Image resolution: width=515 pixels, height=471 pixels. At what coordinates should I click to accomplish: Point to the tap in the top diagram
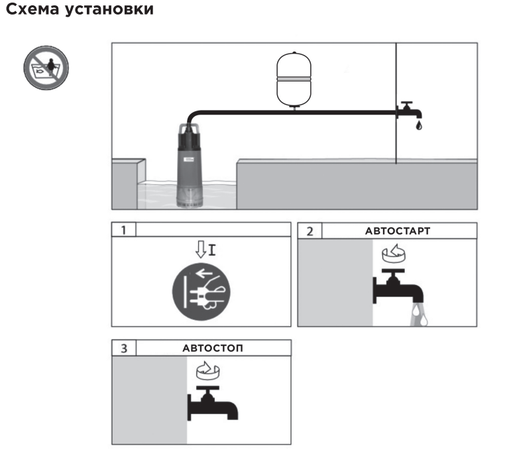[x=406, y=110]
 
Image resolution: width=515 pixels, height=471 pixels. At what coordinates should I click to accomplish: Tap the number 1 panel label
[x=123, y=230]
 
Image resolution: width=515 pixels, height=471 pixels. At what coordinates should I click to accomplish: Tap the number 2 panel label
[x=310, y=230]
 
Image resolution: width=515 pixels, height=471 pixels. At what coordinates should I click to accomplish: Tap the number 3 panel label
[x=123, y=348]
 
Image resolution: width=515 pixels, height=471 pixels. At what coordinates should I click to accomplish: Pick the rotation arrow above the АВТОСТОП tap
[x=205, y=371]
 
